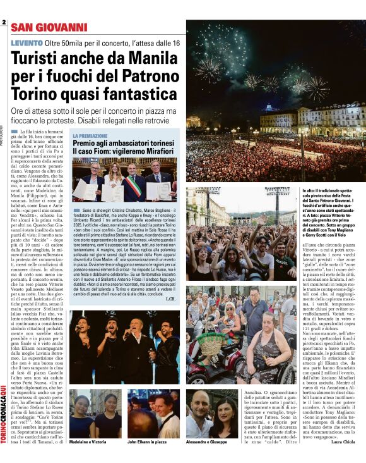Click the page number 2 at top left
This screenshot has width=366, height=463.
click(x=4, y=23)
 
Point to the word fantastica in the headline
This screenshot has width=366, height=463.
click(x=139, y=95)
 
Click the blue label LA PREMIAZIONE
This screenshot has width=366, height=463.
click(x=90, y=135)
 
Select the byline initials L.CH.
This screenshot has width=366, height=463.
click(x=170, y=299)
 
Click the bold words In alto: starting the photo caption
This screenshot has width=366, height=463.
click(x=310, y=190)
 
